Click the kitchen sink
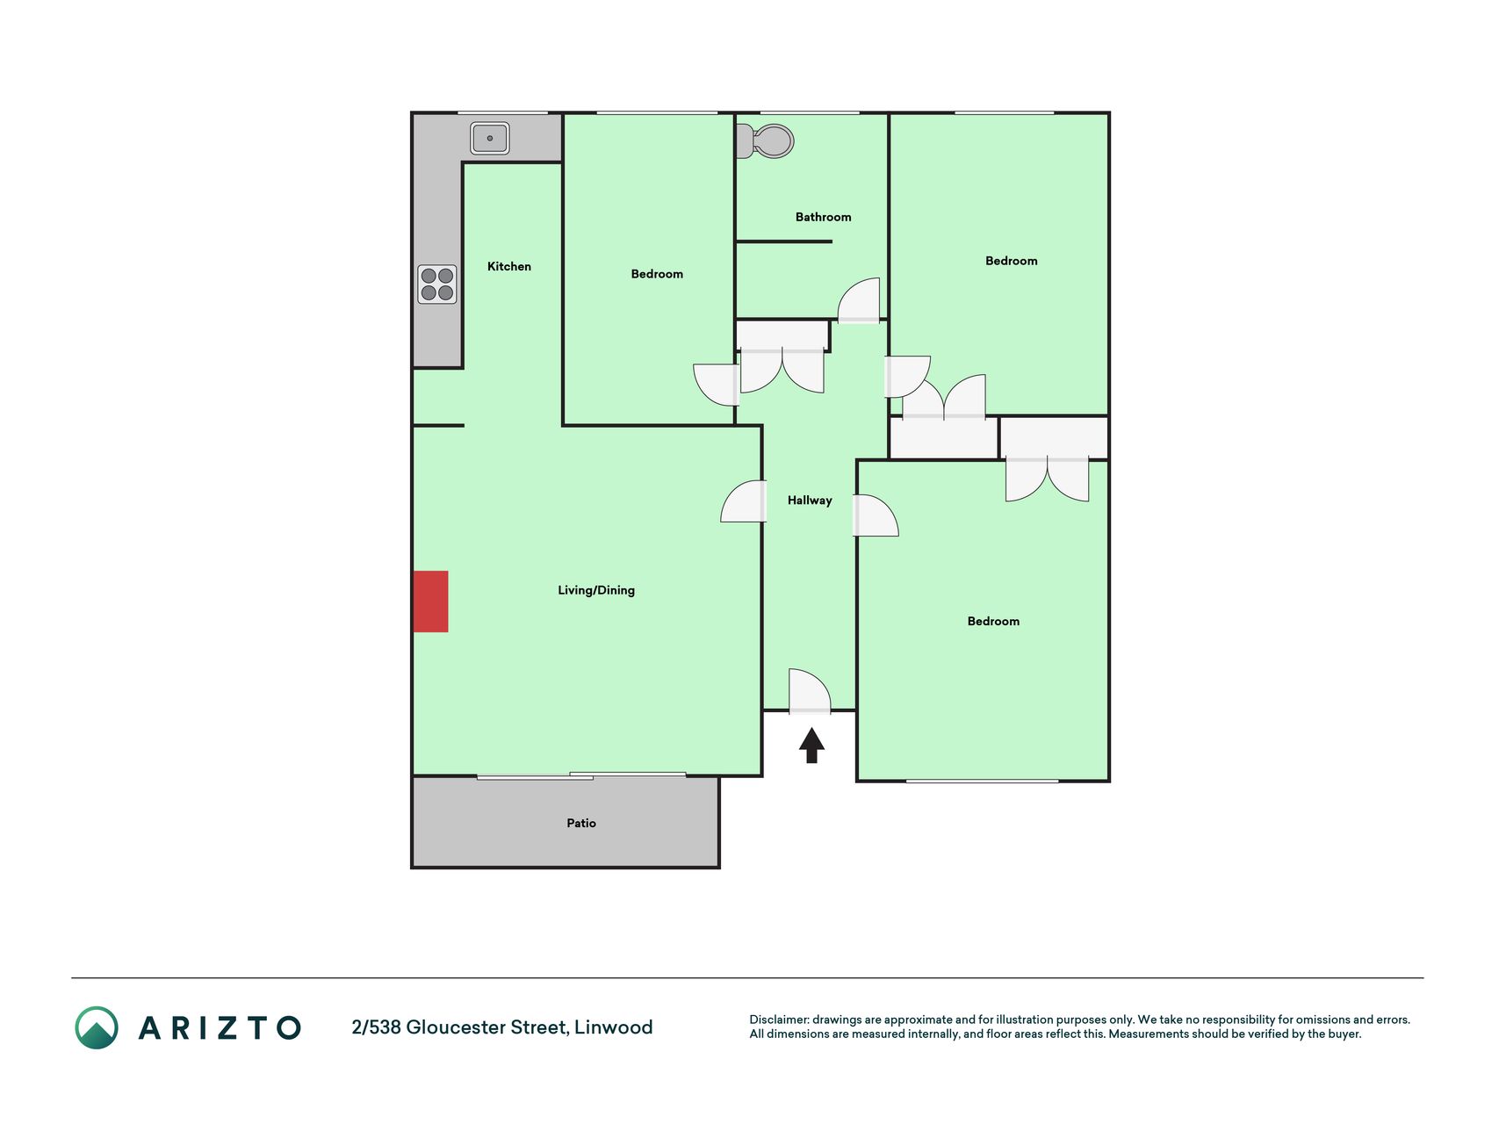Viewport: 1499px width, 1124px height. click(x=490, y=138)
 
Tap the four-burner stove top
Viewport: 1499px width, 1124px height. click(x=437, y=284)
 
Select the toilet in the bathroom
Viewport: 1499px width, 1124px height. click(x=765, y=141)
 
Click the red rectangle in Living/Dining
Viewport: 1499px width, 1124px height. click(x=431, y=602)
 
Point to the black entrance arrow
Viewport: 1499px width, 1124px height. click(x=811, y=746)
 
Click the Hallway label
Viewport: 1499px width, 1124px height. click(x=810, y=501)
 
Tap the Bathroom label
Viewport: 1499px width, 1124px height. click(x=823, y=217)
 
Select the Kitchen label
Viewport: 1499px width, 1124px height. click(x=509, y=266)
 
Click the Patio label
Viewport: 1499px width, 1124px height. click(x=581, y=823)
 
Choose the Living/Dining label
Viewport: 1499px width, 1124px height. click(x=596, y=590)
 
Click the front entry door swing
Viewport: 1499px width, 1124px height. click(x=810, y=691)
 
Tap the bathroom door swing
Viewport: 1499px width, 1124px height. click(x=859, y=301)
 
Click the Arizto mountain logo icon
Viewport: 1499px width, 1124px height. click(x=97, y=1027)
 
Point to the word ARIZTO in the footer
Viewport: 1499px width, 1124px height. click(x=220, y=1027)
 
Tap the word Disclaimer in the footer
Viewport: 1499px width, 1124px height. click(x=779, y=1020)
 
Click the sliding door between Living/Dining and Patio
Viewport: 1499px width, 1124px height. click(x=581, y=775)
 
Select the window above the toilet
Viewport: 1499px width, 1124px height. click(x=810, y=112)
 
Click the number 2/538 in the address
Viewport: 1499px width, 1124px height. click(x=376, y=1027)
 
